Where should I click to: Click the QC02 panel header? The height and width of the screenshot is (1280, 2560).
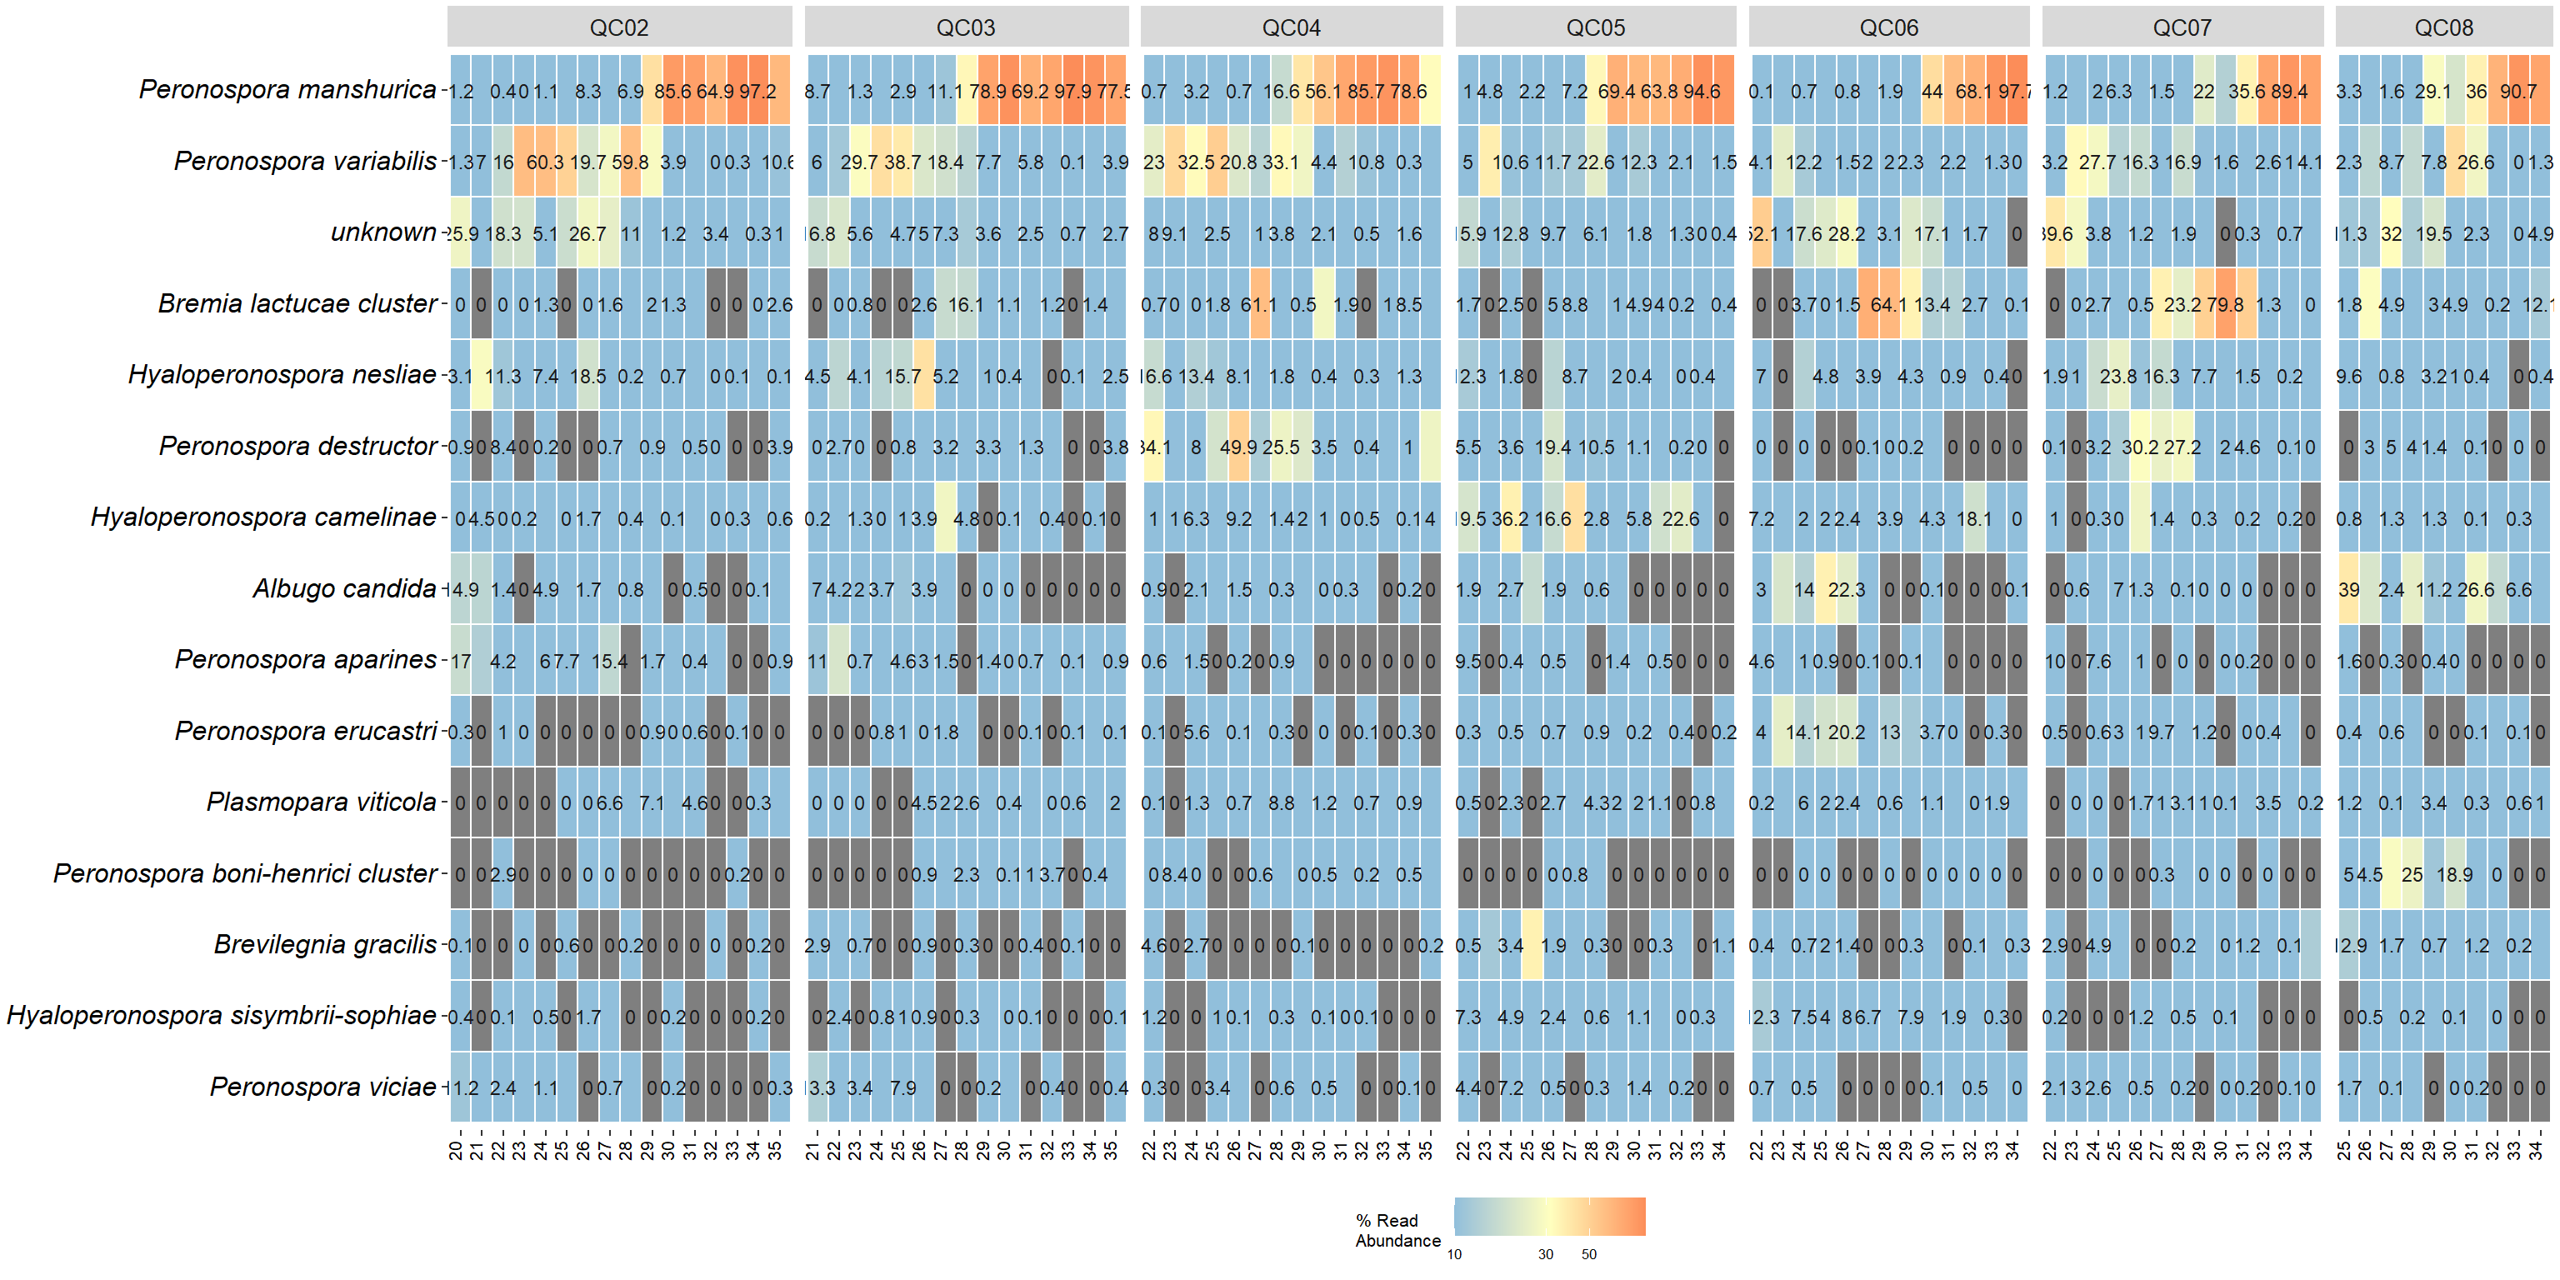pyautogui.click(x=619, y=27)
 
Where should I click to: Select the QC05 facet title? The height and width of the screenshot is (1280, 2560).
pyautogui.click(x=1595, y=27)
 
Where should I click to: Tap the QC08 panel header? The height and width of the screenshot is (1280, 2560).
pyautogui.click(x=2443, y=27)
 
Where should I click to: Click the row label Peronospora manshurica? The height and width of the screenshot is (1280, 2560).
pyautogui.click(x=287, y=89)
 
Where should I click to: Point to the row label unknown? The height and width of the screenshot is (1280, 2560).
pyautogui.click(x=383, y=232)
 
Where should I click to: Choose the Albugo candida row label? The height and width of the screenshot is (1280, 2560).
pyautogui.click(x=344, y=588)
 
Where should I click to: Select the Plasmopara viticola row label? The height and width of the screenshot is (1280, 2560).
pyautogui.click(x=321, y=802)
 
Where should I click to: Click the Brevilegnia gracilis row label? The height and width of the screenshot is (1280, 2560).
pyautogui.click(x=325, y=944)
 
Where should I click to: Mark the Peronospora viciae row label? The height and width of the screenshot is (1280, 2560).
pyautogui.click(x=323, y=1087)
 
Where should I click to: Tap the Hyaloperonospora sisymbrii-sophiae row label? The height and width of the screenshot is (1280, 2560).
pyautogui.click(x=222, y=1016)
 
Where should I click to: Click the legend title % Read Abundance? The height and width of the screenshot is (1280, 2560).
pyautogui.click(x=1397, y=1230)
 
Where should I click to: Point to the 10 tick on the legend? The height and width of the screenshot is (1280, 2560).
pyautogui.click(x=1454, y=1254)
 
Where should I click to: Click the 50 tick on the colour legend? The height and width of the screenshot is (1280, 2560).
pyautogui.click(x=1589, y=1254)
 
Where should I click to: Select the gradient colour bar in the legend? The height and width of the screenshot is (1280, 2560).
pyautogui.click(x=1549, y=1217)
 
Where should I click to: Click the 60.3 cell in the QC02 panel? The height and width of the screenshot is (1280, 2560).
pyautogui.click(x=545, y=162)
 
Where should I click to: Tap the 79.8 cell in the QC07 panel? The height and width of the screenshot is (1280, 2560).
pyautogui.click(x=2225, y=304)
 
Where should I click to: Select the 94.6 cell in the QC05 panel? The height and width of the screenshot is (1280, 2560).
pyautogui.click(x=1702, y=91)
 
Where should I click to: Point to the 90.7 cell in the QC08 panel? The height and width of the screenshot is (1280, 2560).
pyautogui.click(x=2518, y=91)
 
